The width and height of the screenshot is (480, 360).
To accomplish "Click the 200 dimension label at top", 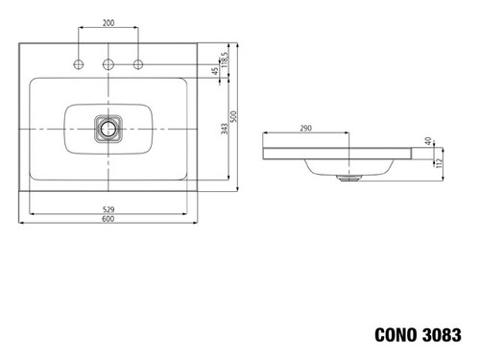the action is click(108, 23).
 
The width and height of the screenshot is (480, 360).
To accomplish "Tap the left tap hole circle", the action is click(79, 64).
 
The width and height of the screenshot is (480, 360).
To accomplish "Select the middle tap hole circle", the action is click(108, 64).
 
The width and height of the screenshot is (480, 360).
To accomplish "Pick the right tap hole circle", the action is click(138, 64).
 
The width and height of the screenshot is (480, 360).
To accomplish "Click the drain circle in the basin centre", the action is click(108, 129).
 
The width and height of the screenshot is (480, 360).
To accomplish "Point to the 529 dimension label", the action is click(108, 210).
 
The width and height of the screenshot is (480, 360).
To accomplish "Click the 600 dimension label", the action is click(108, 219).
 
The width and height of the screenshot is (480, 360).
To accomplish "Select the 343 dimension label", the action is click(225, 129).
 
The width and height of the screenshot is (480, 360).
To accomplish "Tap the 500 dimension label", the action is click(233, 116).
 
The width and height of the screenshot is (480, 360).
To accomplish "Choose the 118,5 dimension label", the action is click(225, 60).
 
